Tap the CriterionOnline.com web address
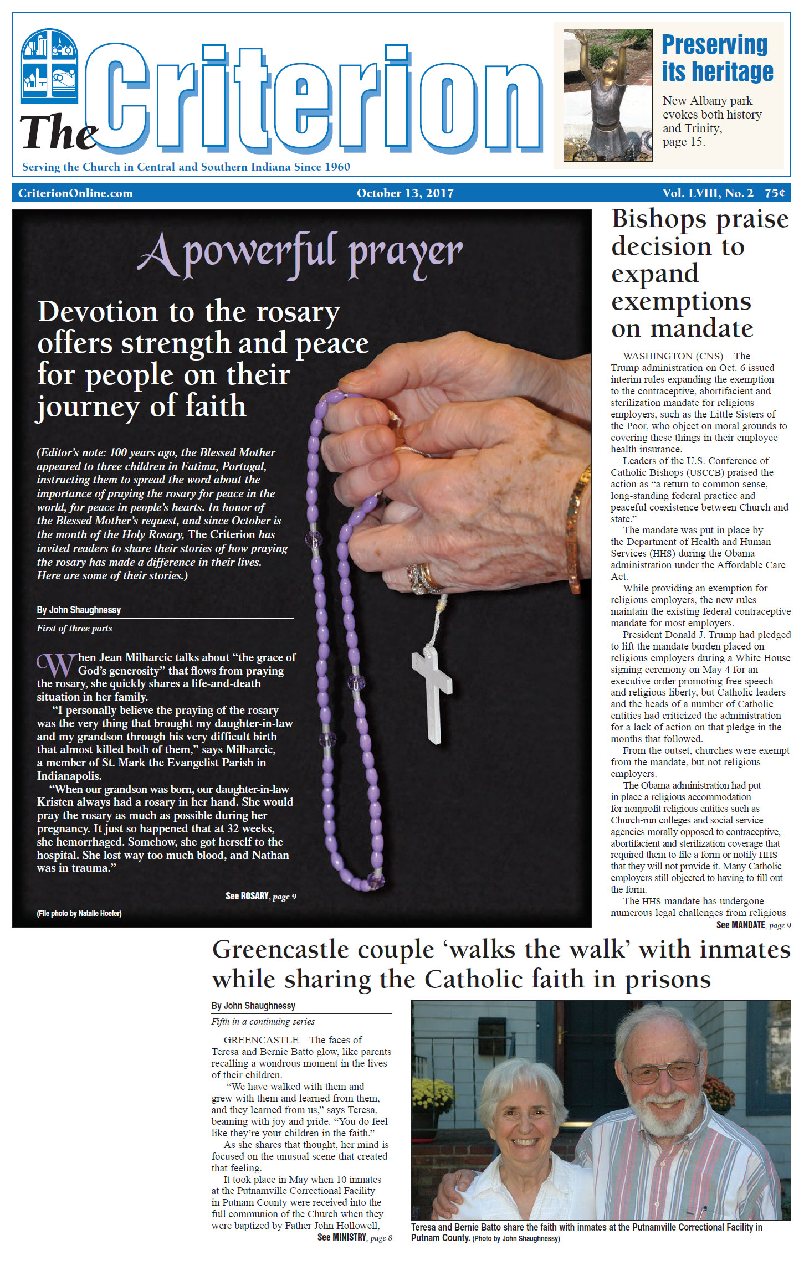tap(75, 193)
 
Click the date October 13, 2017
tap(405, 193)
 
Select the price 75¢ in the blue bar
tap(775, 193)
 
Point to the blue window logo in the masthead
tap(49, 66)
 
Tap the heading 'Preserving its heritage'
tap(717, 58)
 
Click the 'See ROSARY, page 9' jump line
tap(260, 896)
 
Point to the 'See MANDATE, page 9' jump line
tap(753, 925)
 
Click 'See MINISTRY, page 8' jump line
tap(355, 1237)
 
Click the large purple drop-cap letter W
tap(56, 665)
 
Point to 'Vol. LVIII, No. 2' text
tap(708, 193)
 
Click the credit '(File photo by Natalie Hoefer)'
tap(79, 913)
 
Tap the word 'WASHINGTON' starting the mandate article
tap(658, 356)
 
